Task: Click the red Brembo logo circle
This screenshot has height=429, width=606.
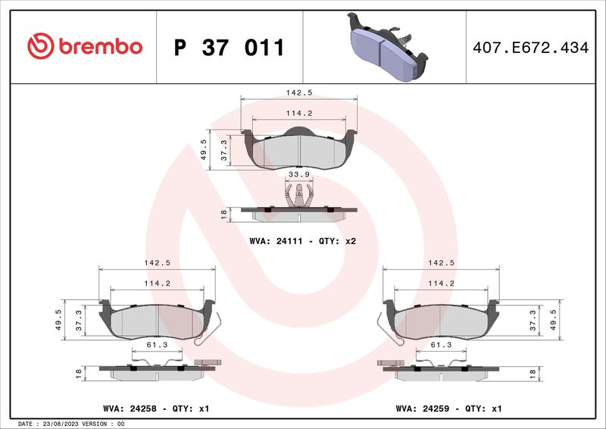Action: (x=41, y=46)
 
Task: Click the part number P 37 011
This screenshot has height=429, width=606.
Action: (x=230, y=48)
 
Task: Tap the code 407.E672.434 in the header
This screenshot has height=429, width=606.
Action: (x=531, y=48)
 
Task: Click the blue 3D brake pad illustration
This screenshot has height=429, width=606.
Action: (x=387, y=47)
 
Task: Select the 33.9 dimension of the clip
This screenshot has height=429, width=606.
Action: (x=298, y=174)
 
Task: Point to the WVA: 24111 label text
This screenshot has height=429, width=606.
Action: (x=276, y=241)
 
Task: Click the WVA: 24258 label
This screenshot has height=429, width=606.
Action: (x=130, y=409)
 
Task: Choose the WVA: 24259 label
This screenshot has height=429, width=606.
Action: (x=423, y=409)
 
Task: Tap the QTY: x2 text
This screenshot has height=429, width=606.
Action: (x=337, y=241)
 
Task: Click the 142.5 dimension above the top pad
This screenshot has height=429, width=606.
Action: (x=298, y=92)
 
